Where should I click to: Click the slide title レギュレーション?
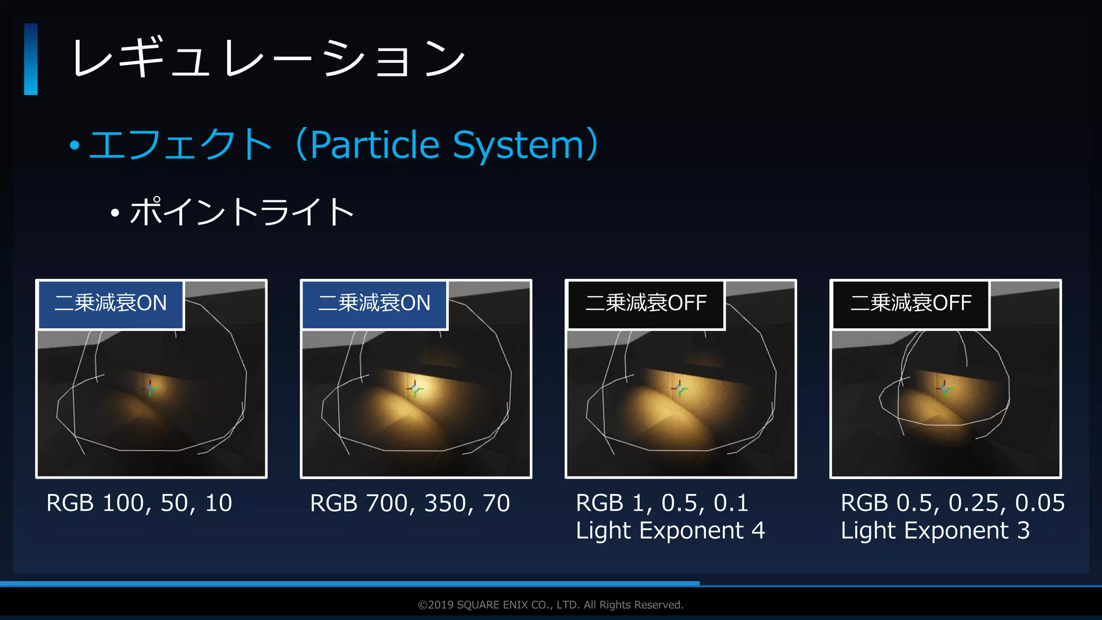(x=267, y=58)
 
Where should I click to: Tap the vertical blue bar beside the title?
(x=31, y=59)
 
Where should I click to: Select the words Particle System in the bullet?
(x=447, y=145)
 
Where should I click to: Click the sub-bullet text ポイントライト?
(x=242, y=212)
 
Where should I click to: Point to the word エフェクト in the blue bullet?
(x=180, y=145)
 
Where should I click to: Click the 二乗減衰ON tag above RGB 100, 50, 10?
(x=111, y=304)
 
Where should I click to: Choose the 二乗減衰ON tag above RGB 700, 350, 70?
(x=375, y=304)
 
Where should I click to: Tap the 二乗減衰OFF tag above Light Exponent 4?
(x=646, y=304)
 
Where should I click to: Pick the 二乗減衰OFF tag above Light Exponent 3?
(x=910, y=304)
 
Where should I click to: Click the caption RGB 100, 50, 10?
(x=139, y=503)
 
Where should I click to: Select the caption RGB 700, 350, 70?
(x=410, y=503)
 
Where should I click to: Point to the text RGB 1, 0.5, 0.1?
(x=662, y=503)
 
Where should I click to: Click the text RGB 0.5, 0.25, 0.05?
(x=952, y=503)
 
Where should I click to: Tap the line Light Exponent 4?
(x=670, y=531)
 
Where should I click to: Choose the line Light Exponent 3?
(x=935, y=531)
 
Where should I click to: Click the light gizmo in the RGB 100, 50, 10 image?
(x=150, y=388)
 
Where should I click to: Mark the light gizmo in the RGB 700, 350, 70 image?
(x=415, y=388)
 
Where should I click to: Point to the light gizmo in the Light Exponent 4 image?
(x=680, y=388)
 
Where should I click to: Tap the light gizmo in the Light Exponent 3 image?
(x=944, y=388)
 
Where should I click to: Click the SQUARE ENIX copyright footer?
(x=550, y=605)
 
